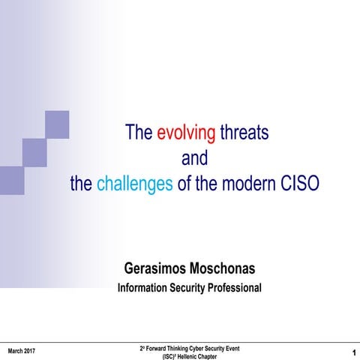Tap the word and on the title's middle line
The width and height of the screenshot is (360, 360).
pos(194,159)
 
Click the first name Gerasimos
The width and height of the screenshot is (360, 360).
pos(163,268)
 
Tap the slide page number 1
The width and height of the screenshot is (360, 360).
pos(352,352)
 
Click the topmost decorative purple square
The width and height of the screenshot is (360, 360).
pos(57,124)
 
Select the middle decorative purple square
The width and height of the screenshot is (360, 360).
pos(34,152)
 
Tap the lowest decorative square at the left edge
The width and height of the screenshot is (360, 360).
pos(11,180)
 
